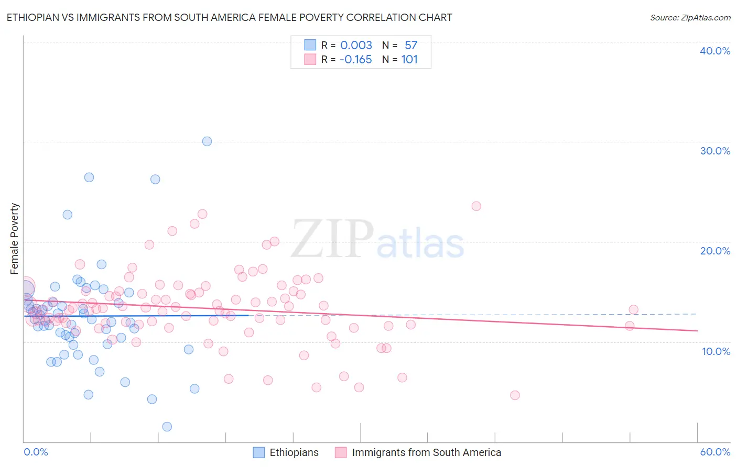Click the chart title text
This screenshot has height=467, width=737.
(x=229, y=17)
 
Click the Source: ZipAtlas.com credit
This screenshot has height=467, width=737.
(x=690, y=17)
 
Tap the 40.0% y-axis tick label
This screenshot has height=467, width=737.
(x=715, y=51)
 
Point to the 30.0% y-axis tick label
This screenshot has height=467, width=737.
(x=715, y=151)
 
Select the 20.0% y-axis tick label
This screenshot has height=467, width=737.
(x=715, y=251)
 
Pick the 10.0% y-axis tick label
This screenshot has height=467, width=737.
(x=716, y=351)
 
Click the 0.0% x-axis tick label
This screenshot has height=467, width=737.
(x=36, y=452)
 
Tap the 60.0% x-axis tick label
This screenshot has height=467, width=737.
(x=715, y=452)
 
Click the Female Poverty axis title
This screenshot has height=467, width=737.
(x=15, y=239)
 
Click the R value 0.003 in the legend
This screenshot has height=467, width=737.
(x=356, y=45)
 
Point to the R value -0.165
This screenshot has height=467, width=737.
(x=355, y=60)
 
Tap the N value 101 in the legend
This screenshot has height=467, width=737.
(x=409, y=60)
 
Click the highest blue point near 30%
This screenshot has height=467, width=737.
(x=207, y=141)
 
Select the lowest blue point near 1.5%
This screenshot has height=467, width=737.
(x=167, y=427)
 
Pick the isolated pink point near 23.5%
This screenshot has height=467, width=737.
(x=476, y=206)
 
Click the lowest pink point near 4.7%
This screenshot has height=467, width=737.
(x=515, y=395)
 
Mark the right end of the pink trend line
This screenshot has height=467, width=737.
(x=697, y=330)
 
